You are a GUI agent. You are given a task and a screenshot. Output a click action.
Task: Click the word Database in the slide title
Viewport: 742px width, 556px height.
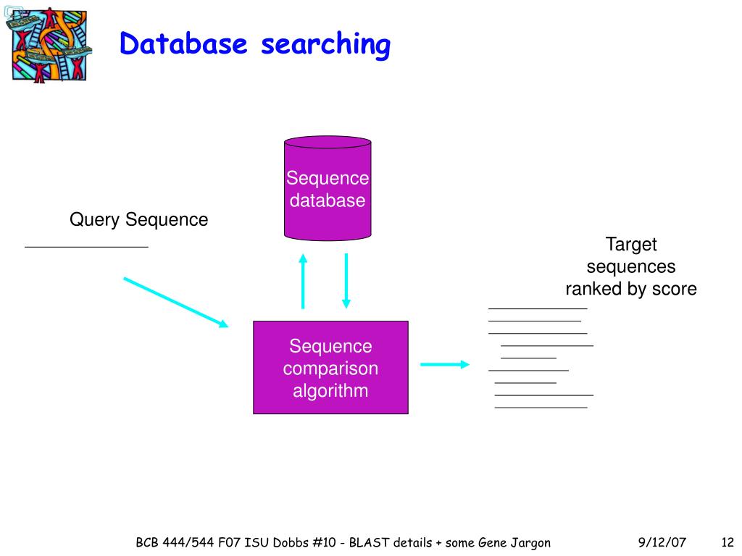coord(183,44)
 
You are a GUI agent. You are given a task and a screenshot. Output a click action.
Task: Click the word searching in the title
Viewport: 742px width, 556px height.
coord(325,46)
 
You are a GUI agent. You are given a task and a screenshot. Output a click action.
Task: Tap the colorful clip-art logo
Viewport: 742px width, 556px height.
coord(49,45)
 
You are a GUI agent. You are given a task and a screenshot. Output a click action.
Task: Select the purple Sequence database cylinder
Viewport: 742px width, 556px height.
coord(328,189)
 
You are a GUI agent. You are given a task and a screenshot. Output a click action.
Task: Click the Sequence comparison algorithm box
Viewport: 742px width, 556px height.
coord(330,368)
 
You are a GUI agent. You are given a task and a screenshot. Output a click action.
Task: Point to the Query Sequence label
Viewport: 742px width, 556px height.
coord(138,219)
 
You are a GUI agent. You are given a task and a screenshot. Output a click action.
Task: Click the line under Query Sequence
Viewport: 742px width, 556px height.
coord(86,248)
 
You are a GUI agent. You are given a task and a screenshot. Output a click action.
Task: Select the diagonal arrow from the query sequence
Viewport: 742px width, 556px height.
coord(175,302)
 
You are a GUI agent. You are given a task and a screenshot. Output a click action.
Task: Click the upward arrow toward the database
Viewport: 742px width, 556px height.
coord(303,281)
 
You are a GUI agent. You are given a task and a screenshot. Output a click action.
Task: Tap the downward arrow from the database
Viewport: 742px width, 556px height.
coord(346,281)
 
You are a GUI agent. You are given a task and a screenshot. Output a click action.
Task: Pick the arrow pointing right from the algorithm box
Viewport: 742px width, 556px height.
coord(445,364)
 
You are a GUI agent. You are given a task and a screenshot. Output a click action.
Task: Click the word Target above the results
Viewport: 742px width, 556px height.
coord(630,244)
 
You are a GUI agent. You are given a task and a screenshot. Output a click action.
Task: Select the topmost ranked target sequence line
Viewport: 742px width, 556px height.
coord(537,309)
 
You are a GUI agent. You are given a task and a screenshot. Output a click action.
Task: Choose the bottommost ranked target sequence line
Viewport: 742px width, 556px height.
coord(541,408)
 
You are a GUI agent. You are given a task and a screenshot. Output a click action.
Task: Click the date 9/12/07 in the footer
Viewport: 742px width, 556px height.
coord(662,542)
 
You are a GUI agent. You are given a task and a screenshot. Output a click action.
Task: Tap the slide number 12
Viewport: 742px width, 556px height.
coord(728,542)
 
